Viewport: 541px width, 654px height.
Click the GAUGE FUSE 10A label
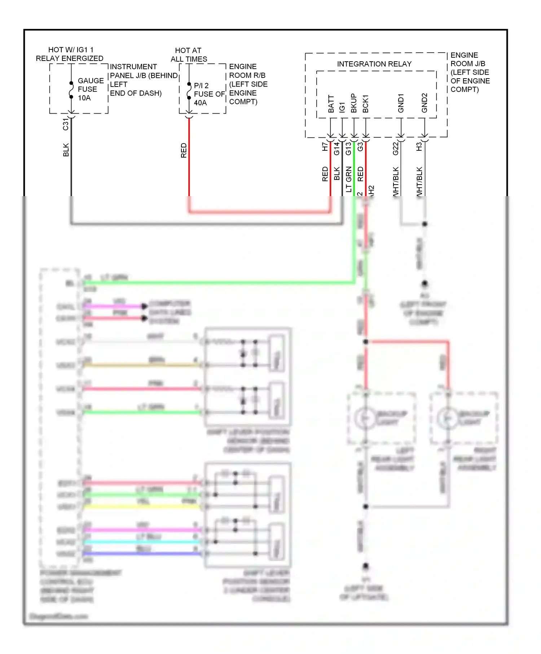click(x=90, y=89)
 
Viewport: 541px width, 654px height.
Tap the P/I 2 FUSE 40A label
click(x=208, y=94)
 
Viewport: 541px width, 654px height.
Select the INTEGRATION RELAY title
click(x=374, y=64)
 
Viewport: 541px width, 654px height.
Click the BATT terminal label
click(x=331, y=104)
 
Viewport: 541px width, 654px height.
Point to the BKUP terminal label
click(x=354, y=103)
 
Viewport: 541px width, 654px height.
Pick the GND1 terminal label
click(x=401, y=103)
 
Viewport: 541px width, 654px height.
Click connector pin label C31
click(x=65, y=124)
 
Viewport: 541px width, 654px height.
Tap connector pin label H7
click(x=325, y=146)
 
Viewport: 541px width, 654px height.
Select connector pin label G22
click(x=396, y=148)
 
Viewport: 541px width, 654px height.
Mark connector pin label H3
click(x=419, y=146)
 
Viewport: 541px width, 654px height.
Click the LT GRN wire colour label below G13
click(x=348, y=179)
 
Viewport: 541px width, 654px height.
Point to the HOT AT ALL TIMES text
click(x=189, y=55)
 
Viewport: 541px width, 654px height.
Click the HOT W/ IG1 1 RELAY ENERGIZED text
click(x=70, y=54)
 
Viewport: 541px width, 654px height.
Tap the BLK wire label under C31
click(x=66, y=150)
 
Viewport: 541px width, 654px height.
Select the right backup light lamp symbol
click(x=447, y=418)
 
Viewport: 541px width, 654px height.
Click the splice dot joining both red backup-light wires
click(x=366, y=341)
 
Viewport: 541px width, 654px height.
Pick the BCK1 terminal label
click(x=365, y=104)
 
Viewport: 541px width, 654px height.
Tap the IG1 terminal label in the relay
click(x=342, y=107)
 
